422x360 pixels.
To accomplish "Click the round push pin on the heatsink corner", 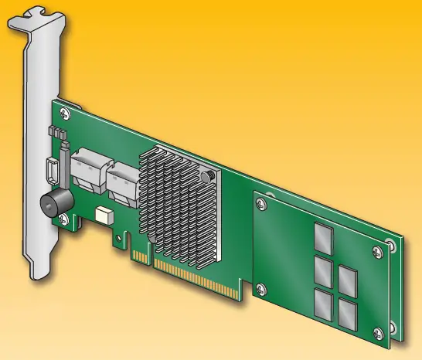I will pos(208,179).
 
